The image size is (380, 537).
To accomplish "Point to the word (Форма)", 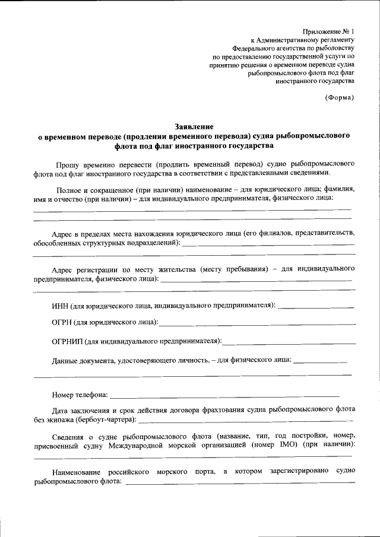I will [340, 97].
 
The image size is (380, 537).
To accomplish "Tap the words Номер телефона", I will [80, 394].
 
